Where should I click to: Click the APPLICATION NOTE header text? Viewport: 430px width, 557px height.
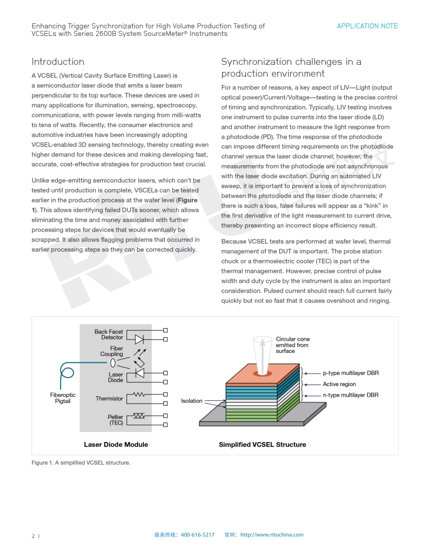pos(367,26)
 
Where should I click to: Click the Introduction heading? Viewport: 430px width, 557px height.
pos(58,62)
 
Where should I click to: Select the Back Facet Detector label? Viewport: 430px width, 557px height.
pos(109,334)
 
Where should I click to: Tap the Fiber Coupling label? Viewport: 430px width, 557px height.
pos(112,351)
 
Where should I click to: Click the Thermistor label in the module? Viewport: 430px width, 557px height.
pos(109,399)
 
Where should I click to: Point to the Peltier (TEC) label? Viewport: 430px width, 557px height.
pos(115,420)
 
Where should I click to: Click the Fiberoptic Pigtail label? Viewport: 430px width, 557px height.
pos(63,398)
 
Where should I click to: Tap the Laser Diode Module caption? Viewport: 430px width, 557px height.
pos(116,445)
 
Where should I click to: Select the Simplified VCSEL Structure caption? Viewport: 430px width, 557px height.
pos(262,445)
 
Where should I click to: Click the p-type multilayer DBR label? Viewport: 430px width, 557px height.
pos(350,373)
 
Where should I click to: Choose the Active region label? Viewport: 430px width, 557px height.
pos(339,384)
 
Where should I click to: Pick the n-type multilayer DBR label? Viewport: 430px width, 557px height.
pos(350,395)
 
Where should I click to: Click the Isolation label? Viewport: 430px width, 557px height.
pos(192,401)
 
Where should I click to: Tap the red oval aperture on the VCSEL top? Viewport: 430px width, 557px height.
pos(260,373)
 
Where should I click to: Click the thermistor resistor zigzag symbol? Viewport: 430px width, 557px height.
pos(139,394)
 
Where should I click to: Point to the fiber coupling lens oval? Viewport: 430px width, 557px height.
pos(113,363)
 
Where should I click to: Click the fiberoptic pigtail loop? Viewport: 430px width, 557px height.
pos(67,375)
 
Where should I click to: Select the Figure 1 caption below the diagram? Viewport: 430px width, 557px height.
pos(81,463)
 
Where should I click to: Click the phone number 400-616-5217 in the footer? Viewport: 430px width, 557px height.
pos(198,535)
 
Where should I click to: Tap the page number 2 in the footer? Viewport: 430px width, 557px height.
pos(33,536)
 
